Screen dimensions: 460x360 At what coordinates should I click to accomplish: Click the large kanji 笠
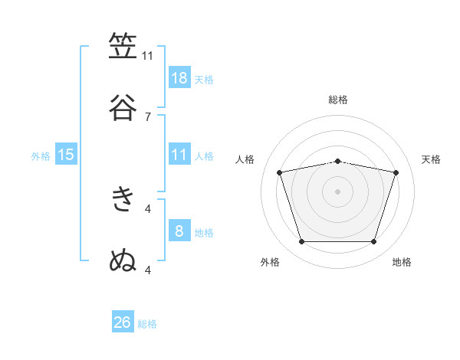(x=123, y=45)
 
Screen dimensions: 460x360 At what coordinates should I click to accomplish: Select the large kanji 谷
(x=123, y=107)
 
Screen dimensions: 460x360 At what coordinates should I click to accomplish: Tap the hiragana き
(x=123, y=199)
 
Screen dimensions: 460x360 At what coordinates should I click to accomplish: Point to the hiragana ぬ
(x=123, y=260)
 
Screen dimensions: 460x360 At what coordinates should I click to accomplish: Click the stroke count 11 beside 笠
(x=147, y=56)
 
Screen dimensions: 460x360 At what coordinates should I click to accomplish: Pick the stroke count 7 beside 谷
(x=148, y=117)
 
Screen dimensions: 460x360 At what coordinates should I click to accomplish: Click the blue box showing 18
(x=179, y=77)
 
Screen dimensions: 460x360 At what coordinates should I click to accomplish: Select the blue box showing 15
(x=66, y=154)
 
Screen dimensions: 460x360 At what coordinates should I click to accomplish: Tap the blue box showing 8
(x=179, y=230)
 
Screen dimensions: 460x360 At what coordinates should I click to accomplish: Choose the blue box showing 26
(x=123, y=321)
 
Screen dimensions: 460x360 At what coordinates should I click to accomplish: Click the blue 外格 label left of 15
(x=41, y=156)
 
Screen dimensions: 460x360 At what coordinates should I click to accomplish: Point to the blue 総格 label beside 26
(x=147, y=324)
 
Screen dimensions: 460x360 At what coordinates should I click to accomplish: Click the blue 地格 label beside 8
(x=204, y=233)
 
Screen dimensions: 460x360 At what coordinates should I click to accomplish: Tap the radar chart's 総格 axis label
(x=338, y=100)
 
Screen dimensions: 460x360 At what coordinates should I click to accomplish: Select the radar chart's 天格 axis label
(x=431, y=159)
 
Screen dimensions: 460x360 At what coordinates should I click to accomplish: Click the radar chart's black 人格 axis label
(x=245, y=159)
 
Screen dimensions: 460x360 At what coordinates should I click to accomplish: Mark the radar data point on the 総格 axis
(x=337, y=162)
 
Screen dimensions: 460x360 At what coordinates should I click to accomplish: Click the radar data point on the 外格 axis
(x=301, y=241)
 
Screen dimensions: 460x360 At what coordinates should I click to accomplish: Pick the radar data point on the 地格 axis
(x=374, y=241)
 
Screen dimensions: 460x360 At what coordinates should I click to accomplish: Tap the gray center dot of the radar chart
(x=337, y=191)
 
